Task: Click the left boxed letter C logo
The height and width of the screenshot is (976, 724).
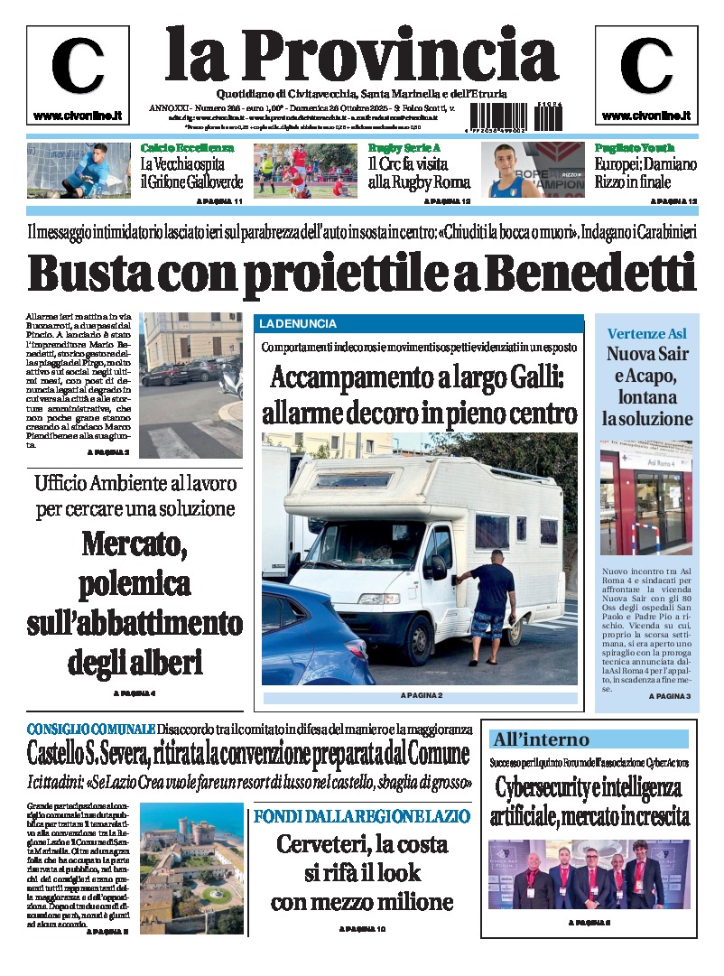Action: (78, 66)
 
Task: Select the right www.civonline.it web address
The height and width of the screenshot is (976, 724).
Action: (645, 116)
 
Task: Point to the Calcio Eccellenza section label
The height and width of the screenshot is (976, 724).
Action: (187, 148)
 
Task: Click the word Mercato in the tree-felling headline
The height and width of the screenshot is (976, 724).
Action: (135, 544)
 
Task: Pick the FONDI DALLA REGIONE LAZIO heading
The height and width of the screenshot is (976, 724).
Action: (362, 816)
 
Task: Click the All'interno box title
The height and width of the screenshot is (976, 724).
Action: (541, 739)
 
